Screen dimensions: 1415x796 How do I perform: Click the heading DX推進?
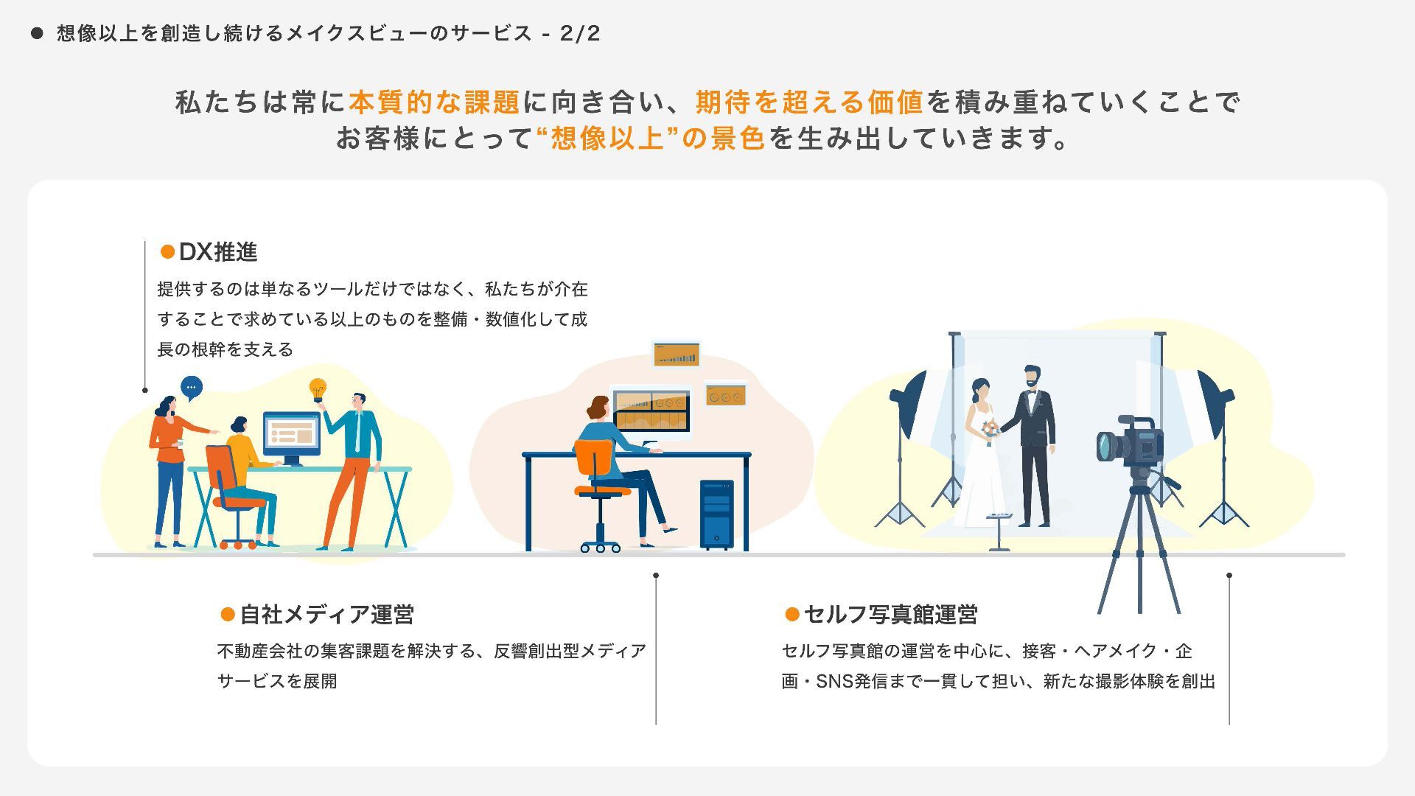coord(218,252)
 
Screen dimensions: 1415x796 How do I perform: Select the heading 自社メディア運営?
coord(326,614)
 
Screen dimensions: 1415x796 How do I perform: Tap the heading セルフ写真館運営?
coord(890,614)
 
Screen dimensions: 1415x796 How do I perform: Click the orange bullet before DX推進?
coord(167,252)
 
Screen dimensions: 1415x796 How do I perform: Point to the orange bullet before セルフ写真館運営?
coord(792,614)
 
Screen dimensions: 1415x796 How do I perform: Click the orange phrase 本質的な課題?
coord(435,102)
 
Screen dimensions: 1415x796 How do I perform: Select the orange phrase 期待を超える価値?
coord(809,102)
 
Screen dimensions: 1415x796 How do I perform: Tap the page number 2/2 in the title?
coord(580,33)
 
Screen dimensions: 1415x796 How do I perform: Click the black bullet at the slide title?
coord(37,33)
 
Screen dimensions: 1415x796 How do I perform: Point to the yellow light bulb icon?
coord(318,389)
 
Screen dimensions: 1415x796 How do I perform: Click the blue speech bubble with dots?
coord(192,388)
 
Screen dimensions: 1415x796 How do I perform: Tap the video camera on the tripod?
coord(1131,444)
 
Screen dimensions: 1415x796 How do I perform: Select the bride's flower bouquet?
coord(990,430)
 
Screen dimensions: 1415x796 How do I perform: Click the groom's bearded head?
coord(1031,377)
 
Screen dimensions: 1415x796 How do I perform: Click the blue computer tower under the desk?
coord(716,514)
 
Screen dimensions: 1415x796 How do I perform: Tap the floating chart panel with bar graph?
coord(677,355)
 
